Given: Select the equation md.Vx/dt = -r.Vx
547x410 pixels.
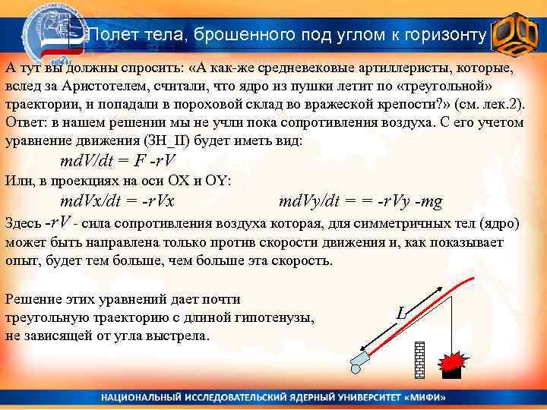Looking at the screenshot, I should [x=117, y=201].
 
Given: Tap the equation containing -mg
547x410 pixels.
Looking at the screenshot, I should [x=361, y=201].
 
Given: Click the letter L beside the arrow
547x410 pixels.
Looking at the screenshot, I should [x=402, y=312].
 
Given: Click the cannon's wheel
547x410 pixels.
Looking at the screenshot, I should [x=356, y=368].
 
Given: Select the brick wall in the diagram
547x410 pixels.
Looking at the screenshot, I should [x=419, y=358].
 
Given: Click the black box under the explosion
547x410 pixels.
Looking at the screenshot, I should [x=452, y=372].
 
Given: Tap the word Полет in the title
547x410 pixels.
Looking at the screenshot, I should [x=109, y=35].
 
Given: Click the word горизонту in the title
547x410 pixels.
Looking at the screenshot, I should [x=440, y=35].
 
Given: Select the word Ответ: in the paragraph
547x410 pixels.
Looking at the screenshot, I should [x=27, y=121].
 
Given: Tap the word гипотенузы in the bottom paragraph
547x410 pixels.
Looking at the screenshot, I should [x=277, y=317].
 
